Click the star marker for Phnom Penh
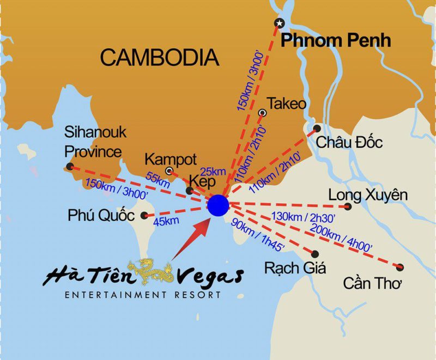click(280, 23)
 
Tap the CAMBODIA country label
click(160, 57)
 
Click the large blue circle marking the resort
click(219, 204)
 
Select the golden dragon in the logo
click(154, 273)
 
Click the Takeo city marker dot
click(263, 113)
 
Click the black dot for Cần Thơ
click(401, 267)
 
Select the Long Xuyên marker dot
click(348, 206)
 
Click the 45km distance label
click(166, 221)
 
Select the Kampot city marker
click(169, 170)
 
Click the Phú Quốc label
click(101, 215)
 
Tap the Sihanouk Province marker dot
click(69, 166)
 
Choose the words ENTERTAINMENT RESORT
click(143, 295)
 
